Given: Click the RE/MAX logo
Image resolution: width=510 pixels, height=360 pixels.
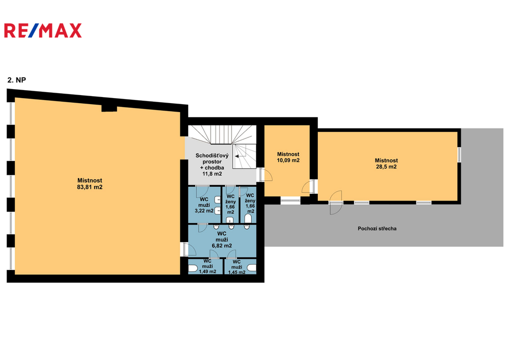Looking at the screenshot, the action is pos(43,30).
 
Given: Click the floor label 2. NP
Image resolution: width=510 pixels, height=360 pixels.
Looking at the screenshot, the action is pos(16,80).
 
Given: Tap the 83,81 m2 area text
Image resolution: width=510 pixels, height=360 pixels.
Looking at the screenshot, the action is pos(90,187).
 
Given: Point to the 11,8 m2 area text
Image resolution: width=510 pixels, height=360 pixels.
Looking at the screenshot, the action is pos(212,174).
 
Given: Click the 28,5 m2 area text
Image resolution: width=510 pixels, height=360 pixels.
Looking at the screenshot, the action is pos(386,167).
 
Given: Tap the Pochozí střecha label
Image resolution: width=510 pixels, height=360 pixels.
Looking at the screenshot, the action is pos(377,229).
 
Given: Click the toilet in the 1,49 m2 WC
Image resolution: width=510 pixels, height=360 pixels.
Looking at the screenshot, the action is pos(193,268).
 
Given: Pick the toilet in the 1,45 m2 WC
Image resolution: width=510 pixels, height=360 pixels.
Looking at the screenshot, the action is pos(252,268).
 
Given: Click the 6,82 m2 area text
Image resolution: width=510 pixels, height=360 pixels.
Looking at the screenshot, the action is pos(222,246).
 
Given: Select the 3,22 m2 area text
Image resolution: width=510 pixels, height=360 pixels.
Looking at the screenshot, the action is pos(204,211).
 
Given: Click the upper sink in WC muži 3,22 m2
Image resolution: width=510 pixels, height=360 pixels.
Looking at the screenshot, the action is pos(218,200).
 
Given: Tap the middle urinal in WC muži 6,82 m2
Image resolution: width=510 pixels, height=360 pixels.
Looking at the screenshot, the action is pos(231,227).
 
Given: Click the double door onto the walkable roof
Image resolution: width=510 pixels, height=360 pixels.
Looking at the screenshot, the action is pos(336,203).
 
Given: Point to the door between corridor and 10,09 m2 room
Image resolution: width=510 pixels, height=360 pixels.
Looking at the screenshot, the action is pos(265,174).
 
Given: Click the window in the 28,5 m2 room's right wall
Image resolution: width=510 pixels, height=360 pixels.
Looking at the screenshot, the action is pos(459,154).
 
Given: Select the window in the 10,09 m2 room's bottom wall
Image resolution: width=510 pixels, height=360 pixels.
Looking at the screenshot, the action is pos(291,201).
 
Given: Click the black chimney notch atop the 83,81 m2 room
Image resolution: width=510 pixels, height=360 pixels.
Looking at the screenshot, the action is pos(109,108).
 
